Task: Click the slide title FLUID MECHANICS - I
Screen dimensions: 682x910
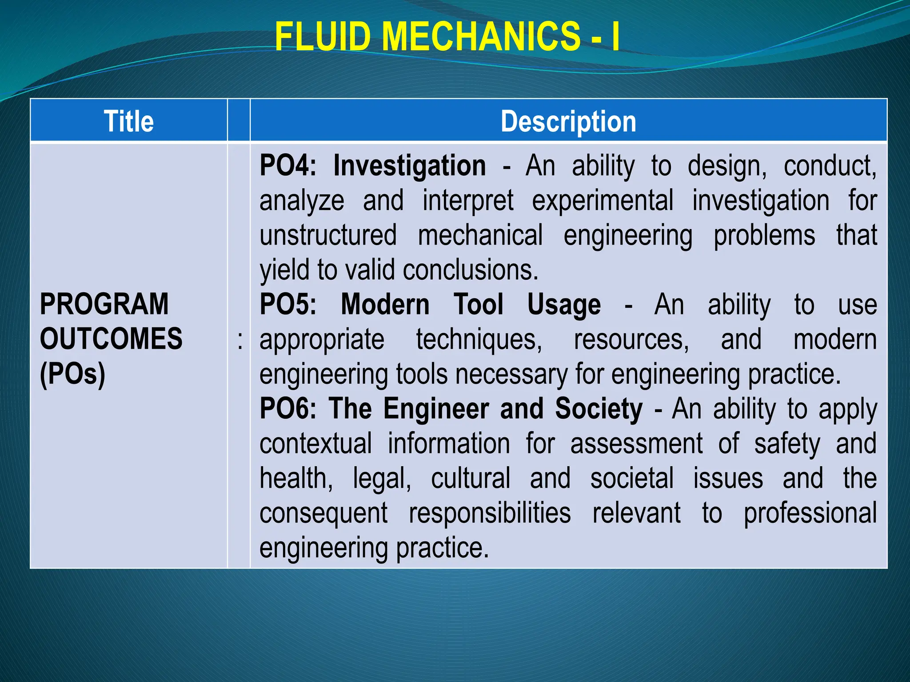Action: pyautogui.click(x=447, y=37)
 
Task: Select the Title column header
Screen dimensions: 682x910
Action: pyautogui.click(x=129, y=121)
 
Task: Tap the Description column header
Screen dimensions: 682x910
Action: pyautogui.click(x=568, y=121)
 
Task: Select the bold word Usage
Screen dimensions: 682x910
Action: pyautogui.click(x=564, y=305)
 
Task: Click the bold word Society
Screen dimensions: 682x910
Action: pyautogui.click(x=599, y=409)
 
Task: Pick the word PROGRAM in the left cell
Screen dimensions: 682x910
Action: pyautogui.click(x=104, y=305)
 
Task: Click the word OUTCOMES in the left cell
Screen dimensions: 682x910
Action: pyautogui.click(x=111, y=339)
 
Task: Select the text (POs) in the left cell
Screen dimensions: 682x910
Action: pyautogui.click(x=72, y=374)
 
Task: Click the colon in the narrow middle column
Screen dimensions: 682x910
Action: pyautogui.click(x=240, y=341)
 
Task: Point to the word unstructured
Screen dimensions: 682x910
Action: pyautogui.click(x=328, y=235)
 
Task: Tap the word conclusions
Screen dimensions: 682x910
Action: pyautogui.click(x=470, y=270)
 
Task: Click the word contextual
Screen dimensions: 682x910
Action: pyautogui.click(x=315, y=444)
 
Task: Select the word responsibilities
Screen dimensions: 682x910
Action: pyautogui.click(x=490, y=513)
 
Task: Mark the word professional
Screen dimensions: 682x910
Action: pyautogui.click(x=810, y=513)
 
